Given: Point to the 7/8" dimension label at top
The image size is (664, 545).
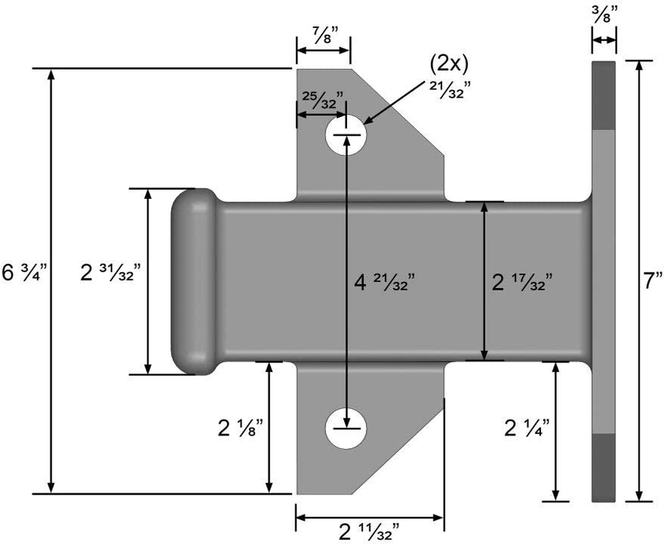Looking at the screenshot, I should coord(323,34).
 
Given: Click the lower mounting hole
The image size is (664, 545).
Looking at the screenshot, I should coord(346,429).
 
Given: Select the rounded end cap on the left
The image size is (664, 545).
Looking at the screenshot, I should coord(192,281).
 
